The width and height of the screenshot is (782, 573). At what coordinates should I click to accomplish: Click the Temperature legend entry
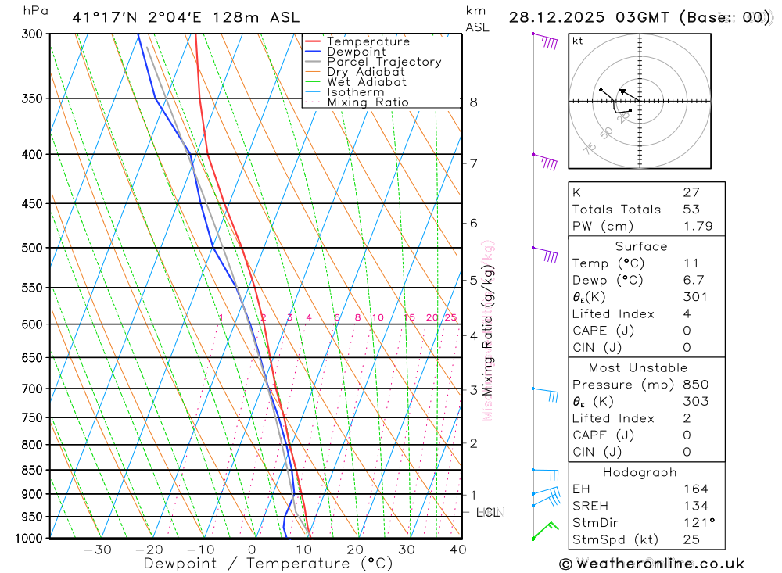368,41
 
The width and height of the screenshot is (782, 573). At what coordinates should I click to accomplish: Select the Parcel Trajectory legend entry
384,62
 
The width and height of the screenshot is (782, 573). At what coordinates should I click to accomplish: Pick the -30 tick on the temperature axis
97,550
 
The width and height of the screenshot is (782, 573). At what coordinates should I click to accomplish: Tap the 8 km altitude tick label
473,102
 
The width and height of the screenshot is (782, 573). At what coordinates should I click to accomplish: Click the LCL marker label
487,513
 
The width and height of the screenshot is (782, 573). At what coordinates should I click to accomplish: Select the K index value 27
691,192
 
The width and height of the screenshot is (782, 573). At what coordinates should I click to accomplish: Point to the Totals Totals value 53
691,210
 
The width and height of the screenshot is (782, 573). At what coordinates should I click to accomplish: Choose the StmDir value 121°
698,523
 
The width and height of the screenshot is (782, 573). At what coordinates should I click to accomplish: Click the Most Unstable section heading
639,367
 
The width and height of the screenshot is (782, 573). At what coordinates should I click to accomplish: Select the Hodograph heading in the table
640,473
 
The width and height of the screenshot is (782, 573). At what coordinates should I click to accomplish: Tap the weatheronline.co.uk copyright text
651,564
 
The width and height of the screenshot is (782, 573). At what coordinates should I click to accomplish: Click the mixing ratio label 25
450,317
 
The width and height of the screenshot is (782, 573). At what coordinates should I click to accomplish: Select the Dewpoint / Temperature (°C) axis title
268,564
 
